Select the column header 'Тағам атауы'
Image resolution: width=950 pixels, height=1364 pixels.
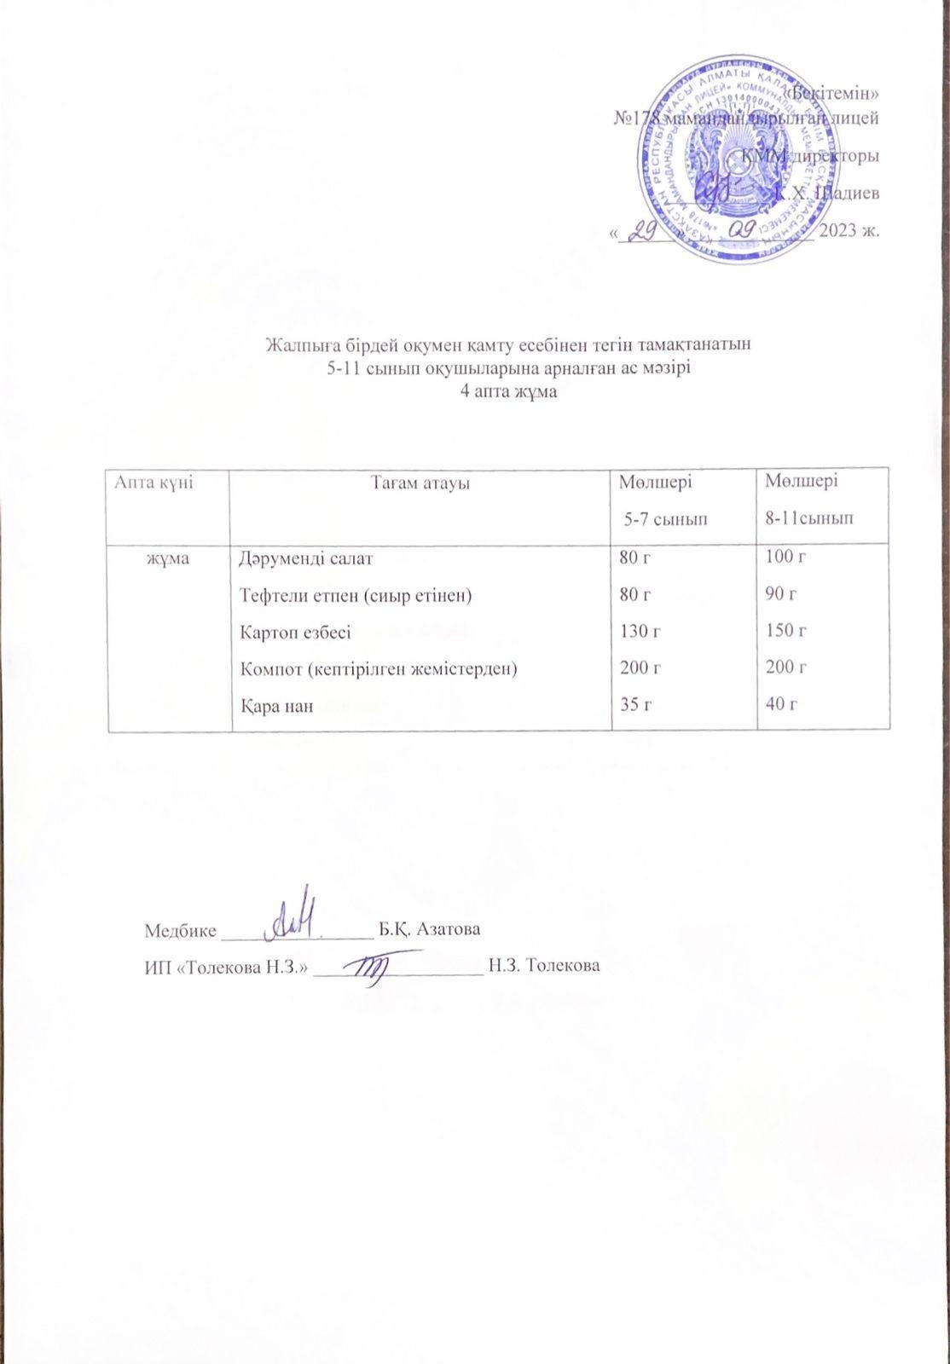(x=421, y=484)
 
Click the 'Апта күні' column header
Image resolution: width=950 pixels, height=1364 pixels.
(x=152, y=483)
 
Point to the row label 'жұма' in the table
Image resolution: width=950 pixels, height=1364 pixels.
(x=167, y=559)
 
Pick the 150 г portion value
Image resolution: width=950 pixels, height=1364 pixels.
(x=785, y=632)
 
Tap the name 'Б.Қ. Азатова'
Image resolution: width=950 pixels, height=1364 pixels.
(x=434, y=928)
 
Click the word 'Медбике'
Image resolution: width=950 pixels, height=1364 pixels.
(x=181, y=928)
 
